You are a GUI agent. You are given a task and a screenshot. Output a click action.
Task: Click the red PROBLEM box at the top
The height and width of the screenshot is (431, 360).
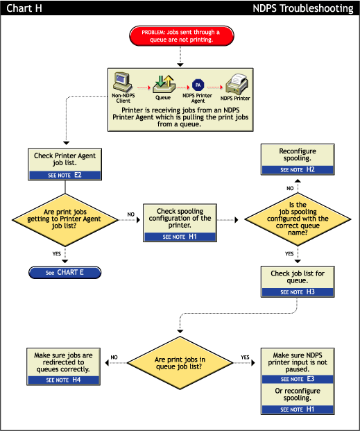tap(182, 36)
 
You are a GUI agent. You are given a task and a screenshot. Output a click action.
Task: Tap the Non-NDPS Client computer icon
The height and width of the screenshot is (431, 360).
tap(123, 82)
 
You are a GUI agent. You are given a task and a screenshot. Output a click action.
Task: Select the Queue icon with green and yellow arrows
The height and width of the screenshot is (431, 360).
tap(164, 84)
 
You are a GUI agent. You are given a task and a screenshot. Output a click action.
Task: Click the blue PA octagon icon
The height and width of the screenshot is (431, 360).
tap(198, 85)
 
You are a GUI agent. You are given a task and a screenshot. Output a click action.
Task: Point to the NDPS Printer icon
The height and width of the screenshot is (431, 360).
tap(237, 84)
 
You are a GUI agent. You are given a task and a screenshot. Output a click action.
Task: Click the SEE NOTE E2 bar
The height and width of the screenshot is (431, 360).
tap(65, 175)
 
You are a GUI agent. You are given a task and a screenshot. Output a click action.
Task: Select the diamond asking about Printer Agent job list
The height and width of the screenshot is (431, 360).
tap(65, 220)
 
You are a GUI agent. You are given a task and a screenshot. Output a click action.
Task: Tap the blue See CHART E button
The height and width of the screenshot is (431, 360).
tap(65, 272)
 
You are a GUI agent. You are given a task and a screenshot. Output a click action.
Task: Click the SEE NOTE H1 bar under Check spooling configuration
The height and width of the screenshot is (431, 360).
tap(180, 237)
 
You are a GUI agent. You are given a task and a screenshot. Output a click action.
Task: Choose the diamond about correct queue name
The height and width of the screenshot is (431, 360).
tap(298, 219)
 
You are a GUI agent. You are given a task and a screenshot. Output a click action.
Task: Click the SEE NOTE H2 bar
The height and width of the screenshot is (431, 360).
tap(298, 169)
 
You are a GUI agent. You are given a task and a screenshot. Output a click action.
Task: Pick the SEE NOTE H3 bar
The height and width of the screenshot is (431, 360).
tap(298, 292)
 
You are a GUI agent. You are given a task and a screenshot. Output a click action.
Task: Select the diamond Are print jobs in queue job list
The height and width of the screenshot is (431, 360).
tap(180, 363)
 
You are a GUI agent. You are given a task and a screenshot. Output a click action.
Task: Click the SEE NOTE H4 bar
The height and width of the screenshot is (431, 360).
tap(64, 380)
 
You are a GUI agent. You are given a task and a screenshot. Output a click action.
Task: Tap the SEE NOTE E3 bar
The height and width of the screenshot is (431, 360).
tap(298, 379)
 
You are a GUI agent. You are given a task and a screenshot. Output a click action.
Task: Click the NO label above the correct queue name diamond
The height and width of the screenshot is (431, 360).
tap(290, 188)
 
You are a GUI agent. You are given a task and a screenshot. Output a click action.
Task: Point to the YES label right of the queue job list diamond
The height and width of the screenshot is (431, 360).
tap(245, 357)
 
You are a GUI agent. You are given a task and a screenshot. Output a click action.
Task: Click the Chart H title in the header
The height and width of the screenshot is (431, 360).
tap(24, 8)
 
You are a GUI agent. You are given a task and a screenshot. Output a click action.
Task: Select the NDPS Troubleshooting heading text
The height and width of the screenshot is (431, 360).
tap(303, 8)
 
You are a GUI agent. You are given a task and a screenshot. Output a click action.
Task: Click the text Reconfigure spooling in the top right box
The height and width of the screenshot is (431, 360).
tap(298, 155)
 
